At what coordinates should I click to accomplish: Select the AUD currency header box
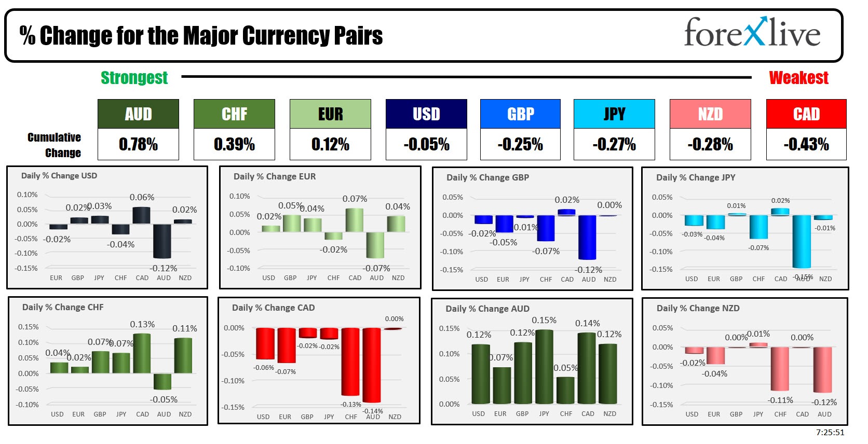coord(138,114)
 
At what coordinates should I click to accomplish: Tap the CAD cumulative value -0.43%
coord(806,144)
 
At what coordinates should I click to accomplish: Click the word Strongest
coord(134,78)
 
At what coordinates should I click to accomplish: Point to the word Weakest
coord(798,78)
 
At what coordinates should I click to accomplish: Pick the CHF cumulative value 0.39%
coord(234,144)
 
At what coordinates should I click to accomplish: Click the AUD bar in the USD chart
coord(162,241)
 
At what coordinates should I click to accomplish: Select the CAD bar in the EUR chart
coord(355,220)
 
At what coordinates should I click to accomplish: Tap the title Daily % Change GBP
coord(487,177)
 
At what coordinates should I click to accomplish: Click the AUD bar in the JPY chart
coord(802,241)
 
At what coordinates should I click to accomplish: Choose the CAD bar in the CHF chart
coord(142,353)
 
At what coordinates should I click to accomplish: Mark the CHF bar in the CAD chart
coord(350,362)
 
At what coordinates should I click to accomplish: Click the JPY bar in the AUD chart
coord(544,366)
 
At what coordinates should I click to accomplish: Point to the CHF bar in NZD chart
coord(780,369)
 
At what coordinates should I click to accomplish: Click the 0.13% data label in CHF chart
coord(142,324)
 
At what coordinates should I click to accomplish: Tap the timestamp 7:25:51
coord(830,432)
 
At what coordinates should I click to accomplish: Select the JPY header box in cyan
coord(614,114)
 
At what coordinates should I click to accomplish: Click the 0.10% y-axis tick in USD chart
coord(27,195)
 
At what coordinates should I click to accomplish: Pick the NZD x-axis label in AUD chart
coord(610,413)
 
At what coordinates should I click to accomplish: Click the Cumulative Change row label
coord(55,145)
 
